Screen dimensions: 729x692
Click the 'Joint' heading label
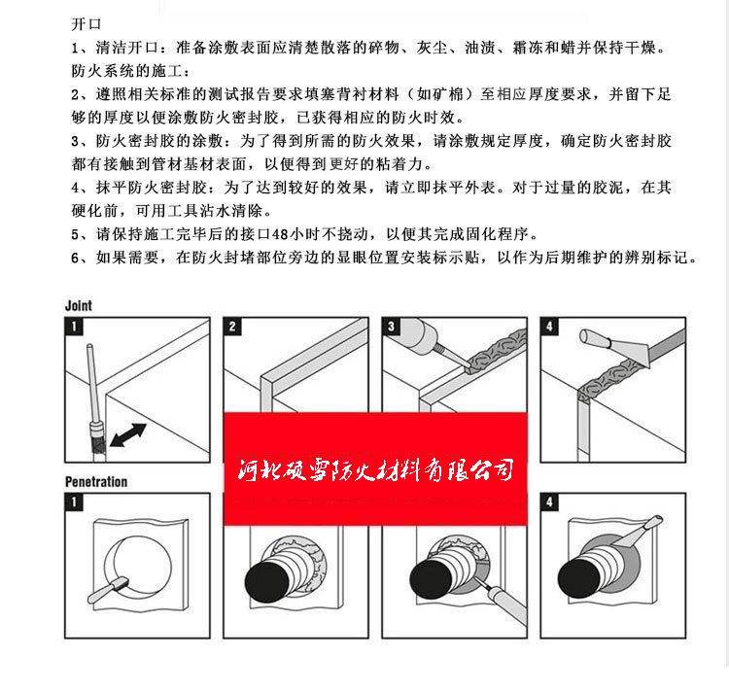(x=78, y=305)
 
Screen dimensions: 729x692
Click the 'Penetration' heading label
(x=96, y=481)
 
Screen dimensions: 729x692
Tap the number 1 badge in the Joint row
(x=74, y=327)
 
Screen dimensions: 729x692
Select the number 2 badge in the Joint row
(x=232, y=327)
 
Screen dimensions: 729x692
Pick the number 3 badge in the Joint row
(x=391, y=327)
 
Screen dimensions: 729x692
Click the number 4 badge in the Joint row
(x=549, y=327)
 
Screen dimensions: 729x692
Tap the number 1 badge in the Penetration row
(x=74, y=502)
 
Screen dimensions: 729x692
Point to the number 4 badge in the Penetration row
(x=549, y=502)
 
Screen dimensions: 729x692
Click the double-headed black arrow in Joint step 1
(x=128, y=435)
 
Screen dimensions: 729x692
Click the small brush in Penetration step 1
(x=107, y=590)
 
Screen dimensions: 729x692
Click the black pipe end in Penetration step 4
(x=579, y=581)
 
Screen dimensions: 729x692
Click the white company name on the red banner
(x=375, y=470)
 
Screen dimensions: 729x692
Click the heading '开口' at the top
(x=86, y=23)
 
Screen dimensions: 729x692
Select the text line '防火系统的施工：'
(x=130, y=71)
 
